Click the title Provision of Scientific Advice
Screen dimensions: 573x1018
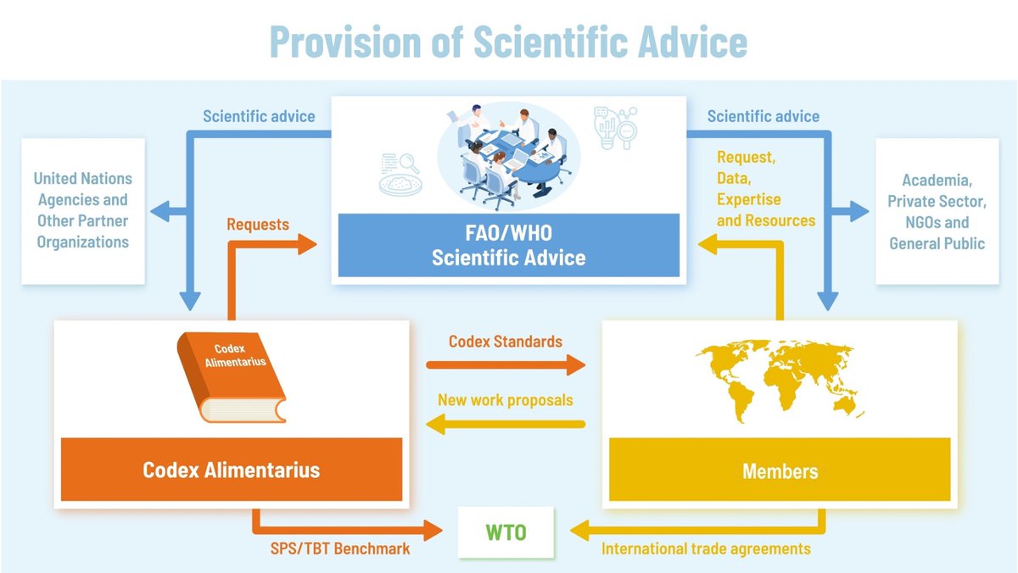pos(508,42)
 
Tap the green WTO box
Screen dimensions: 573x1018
pos(506,532)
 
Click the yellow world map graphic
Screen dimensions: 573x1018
pos(779,381)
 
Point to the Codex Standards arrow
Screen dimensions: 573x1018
pos(506,364)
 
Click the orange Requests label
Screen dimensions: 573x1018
pos(258,225)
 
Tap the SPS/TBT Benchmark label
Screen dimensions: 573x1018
pos(335,548)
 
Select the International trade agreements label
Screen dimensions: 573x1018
pos(706,548)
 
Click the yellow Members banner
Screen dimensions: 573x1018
pos(780,470)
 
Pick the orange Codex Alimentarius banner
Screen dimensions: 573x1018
pos(232,469)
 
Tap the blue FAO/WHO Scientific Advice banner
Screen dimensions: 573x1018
pos(508,245)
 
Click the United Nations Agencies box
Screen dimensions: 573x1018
pos(82,210)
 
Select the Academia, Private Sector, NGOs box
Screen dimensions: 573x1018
pos(937,211)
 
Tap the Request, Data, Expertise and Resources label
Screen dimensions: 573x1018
pos(765,189)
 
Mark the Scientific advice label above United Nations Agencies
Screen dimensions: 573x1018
pos(259,116)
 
